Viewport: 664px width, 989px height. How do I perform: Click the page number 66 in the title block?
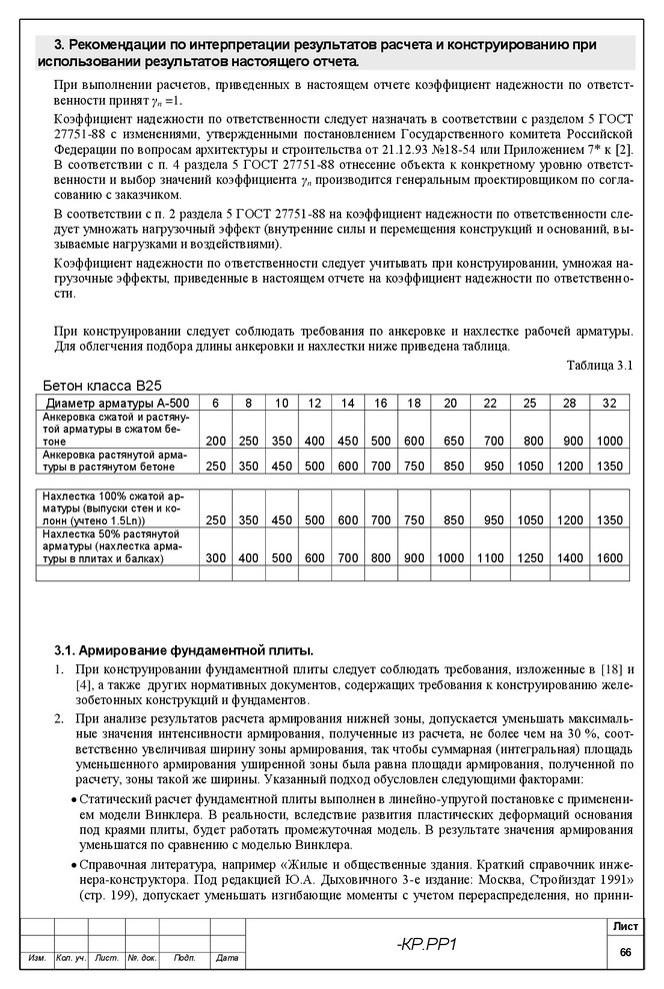pos(625,953)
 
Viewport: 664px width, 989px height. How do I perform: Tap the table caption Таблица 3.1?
pos(600,365)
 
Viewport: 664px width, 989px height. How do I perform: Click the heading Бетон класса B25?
pos(102,385)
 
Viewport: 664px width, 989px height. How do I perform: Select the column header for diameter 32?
pos(610,403)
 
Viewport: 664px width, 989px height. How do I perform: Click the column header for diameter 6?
pos(215,403)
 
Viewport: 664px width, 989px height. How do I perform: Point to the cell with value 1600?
pos(610,558)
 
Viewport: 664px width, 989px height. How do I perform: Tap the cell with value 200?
pos(215,441)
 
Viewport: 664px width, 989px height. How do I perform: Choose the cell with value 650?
pos(453,441)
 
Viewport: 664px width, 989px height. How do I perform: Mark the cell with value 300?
pos(215,558)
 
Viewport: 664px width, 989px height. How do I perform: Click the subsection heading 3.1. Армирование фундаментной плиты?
pos(176,649)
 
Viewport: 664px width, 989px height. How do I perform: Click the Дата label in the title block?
pos(227,959)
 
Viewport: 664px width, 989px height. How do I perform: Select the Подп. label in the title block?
pos(184,959)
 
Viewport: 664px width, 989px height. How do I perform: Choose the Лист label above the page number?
pos(625,928)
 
